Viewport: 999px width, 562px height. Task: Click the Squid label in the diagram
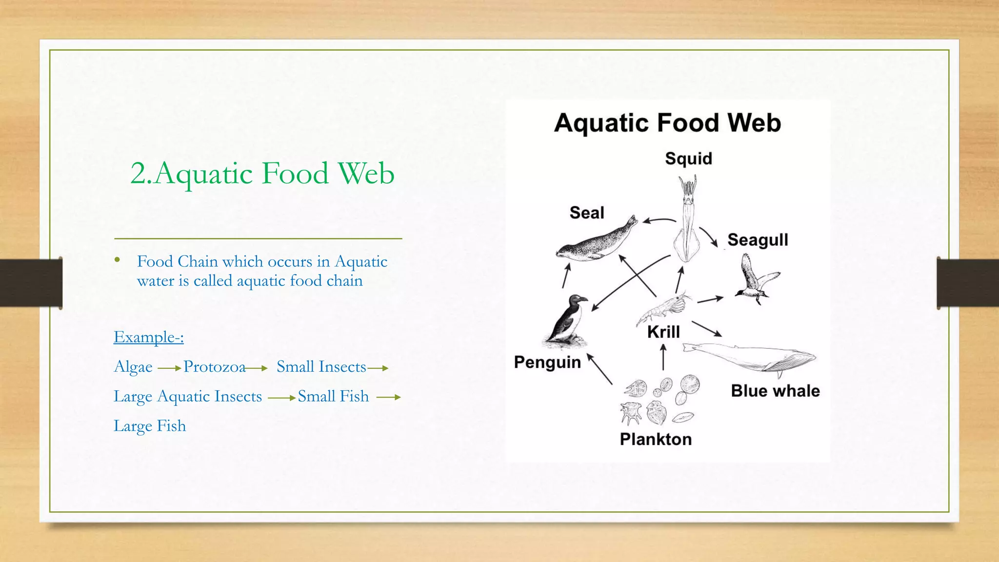coord(688,159)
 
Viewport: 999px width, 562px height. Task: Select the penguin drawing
coord(567,322)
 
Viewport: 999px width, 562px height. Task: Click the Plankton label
coord(656,439)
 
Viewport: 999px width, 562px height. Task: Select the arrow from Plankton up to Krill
coord(663,358)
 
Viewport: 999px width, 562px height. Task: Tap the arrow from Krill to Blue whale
coord(707,329)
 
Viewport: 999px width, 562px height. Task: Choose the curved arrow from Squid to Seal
coord(659,220)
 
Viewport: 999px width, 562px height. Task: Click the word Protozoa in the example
coord(215,366)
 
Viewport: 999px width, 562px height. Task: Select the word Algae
coord(133,366)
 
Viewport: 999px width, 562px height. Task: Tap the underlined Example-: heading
coord(149,337)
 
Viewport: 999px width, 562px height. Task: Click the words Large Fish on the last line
coord(150,425)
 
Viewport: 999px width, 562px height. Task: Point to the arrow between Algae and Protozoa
coord(169,368)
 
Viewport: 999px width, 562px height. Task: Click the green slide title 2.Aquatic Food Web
coord(262,173)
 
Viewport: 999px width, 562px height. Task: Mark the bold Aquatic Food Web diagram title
coord(667,122)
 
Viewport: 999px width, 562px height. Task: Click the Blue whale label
coord(775,391)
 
